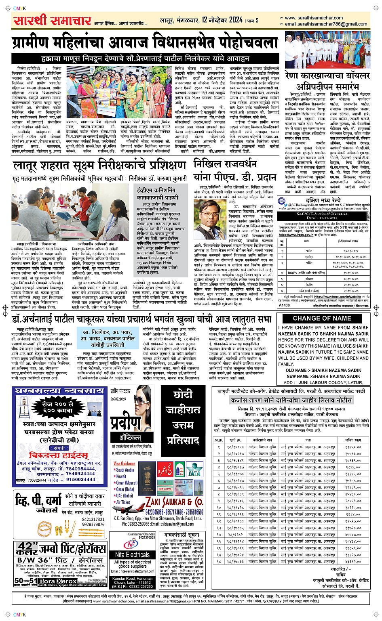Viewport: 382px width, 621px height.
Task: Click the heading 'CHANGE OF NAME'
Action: point(322,318)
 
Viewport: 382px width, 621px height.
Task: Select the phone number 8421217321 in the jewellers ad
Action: point(93,520)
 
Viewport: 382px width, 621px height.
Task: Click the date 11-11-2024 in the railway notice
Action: point(322,218)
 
